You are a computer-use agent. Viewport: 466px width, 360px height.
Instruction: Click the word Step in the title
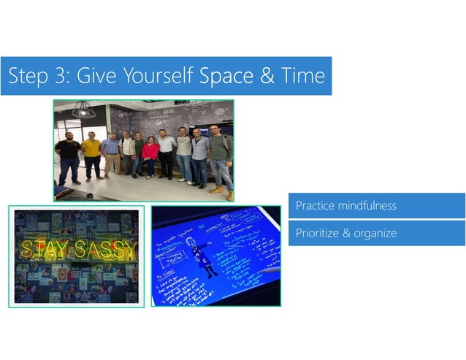coord(27,76)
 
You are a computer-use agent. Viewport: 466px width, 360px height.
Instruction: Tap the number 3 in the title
coord(59,76)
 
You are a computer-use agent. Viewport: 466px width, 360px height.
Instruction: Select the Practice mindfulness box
coord(376,206)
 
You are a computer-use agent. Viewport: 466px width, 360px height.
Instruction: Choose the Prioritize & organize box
coord(376,234)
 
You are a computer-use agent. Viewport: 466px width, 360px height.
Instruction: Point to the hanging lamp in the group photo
coord(82,110)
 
